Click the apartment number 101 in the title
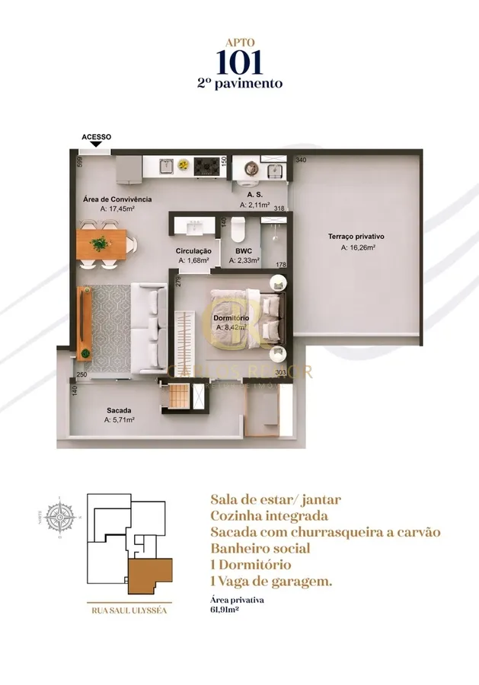(239, 62)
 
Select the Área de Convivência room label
(117, 199)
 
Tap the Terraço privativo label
(356, 237)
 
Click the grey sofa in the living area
(148, 330)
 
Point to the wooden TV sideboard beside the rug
(85, 323)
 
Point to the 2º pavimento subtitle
(239, 83)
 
